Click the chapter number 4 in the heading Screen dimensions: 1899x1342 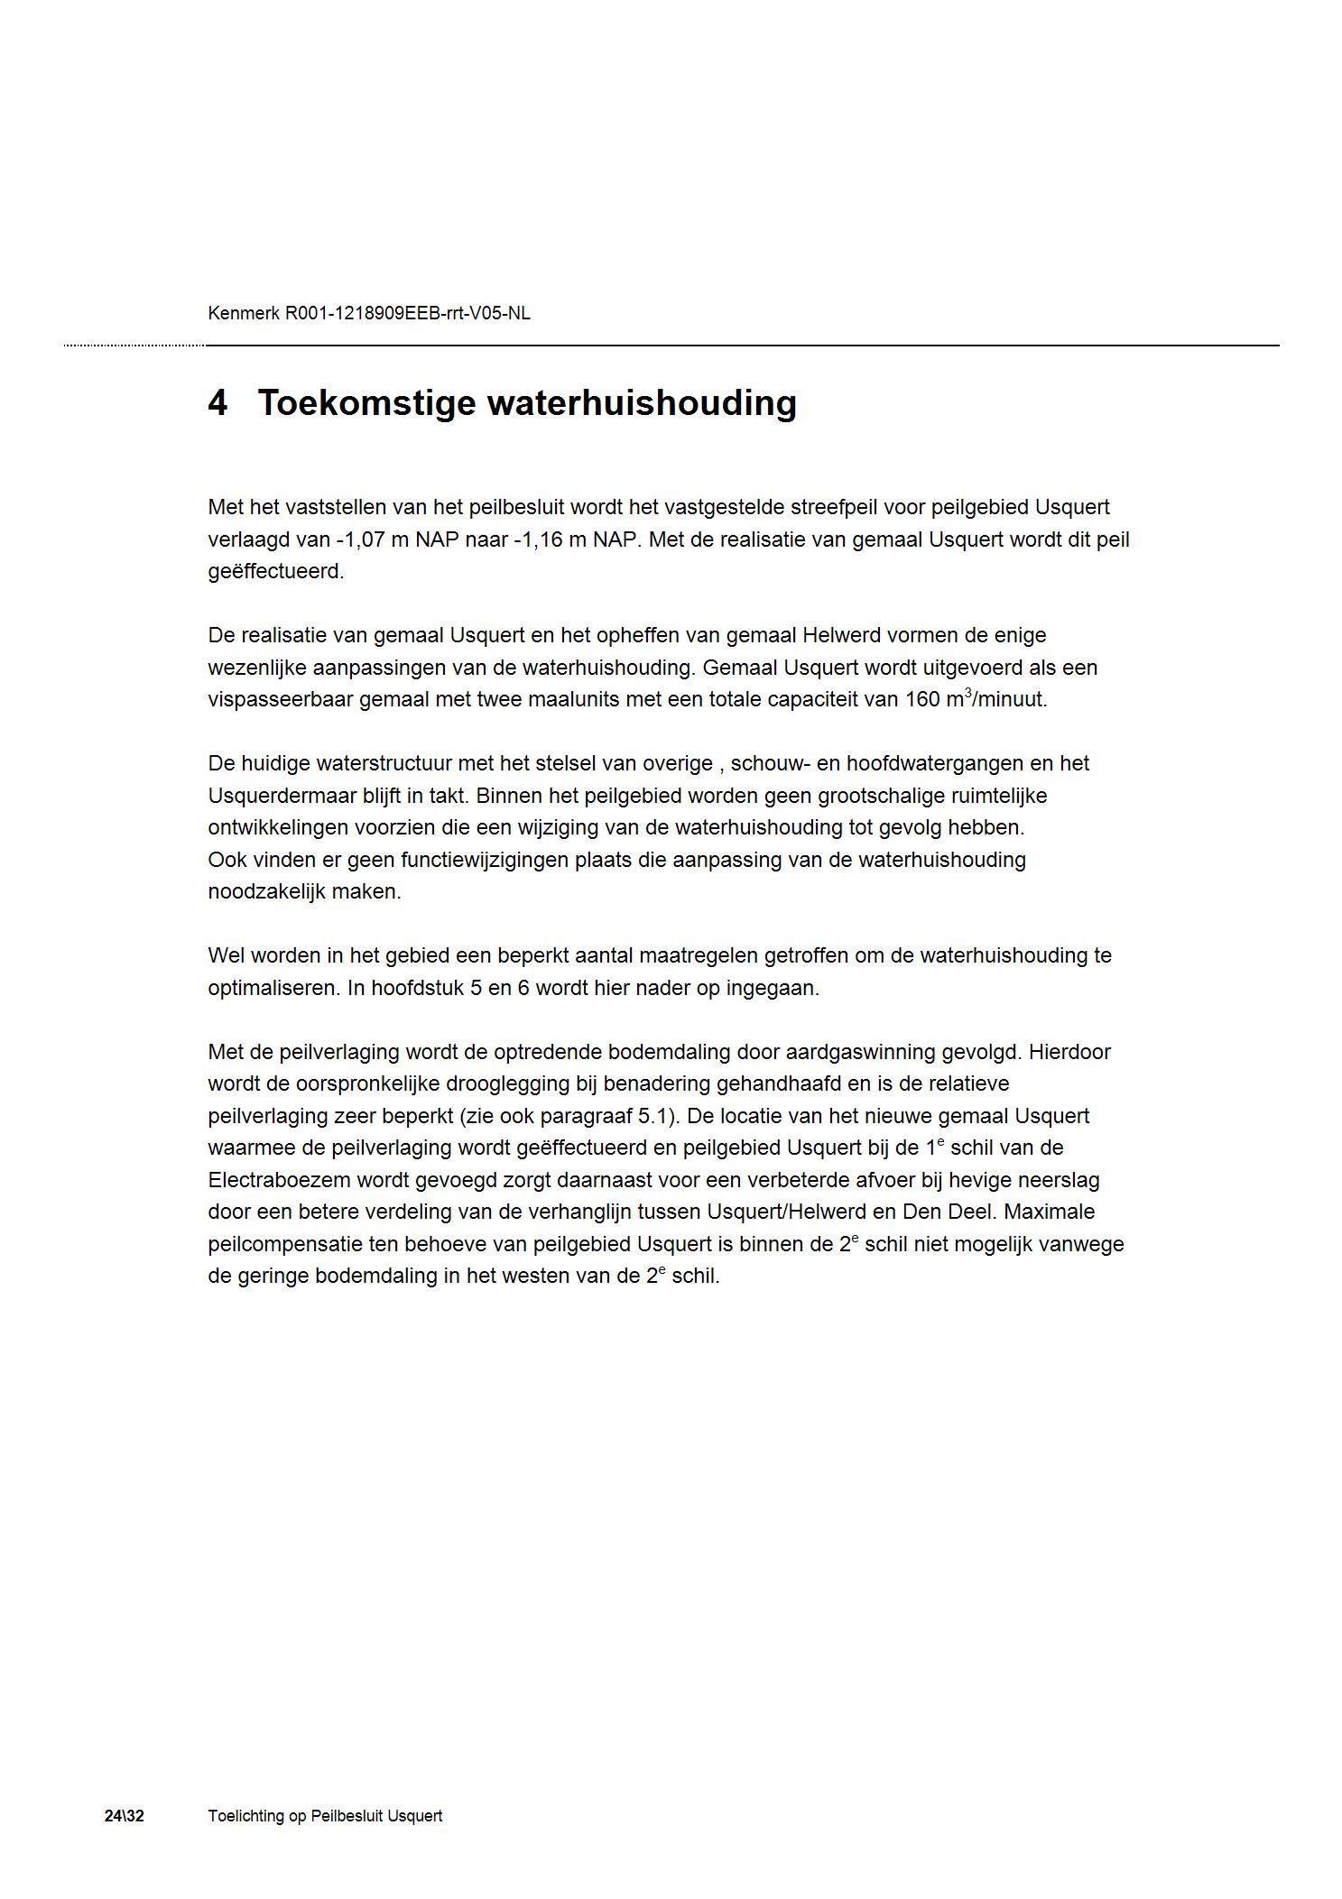click(x=217, y=403)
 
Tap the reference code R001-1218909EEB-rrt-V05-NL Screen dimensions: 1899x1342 click(x=408, y=314)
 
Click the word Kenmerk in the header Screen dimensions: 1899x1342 click(x=244, y=314)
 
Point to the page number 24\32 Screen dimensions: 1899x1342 click(x=124, y=1816)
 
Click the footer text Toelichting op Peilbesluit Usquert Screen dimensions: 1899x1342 click(x=325, y=1816)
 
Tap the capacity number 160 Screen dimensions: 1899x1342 click(x=921, y=700)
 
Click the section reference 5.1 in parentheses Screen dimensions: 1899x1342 click(x=656, y=1117)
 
